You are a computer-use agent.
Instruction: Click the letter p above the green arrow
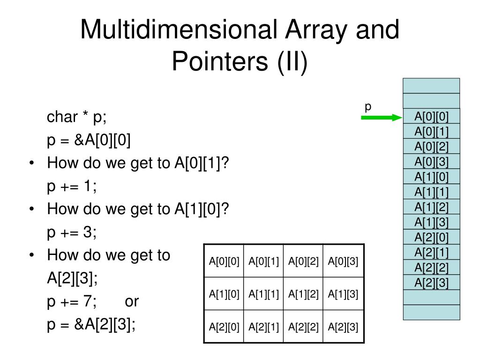point(368,106)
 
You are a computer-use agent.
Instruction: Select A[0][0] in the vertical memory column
point(431,116)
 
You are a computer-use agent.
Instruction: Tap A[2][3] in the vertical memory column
point(431,283)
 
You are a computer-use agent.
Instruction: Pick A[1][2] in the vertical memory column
point(431,207)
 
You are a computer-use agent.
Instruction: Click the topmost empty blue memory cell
point(431,86)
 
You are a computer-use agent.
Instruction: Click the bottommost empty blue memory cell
point(431,313)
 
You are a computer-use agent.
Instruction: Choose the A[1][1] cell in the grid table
point(263,294)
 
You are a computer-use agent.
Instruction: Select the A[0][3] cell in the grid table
point(343,261)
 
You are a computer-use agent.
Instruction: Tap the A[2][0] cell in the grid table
point(224,327)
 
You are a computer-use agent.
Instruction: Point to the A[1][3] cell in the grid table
point(343,294)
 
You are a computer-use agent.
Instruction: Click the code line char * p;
point(77,117)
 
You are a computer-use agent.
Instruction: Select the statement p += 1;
point(72,186)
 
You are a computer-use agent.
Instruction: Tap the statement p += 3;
point(72,232)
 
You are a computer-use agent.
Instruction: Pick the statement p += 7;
point(72,301)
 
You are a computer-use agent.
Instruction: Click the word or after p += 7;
point(132,301)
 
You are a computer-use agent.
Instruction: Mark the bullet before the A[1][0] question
point(31,210)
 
